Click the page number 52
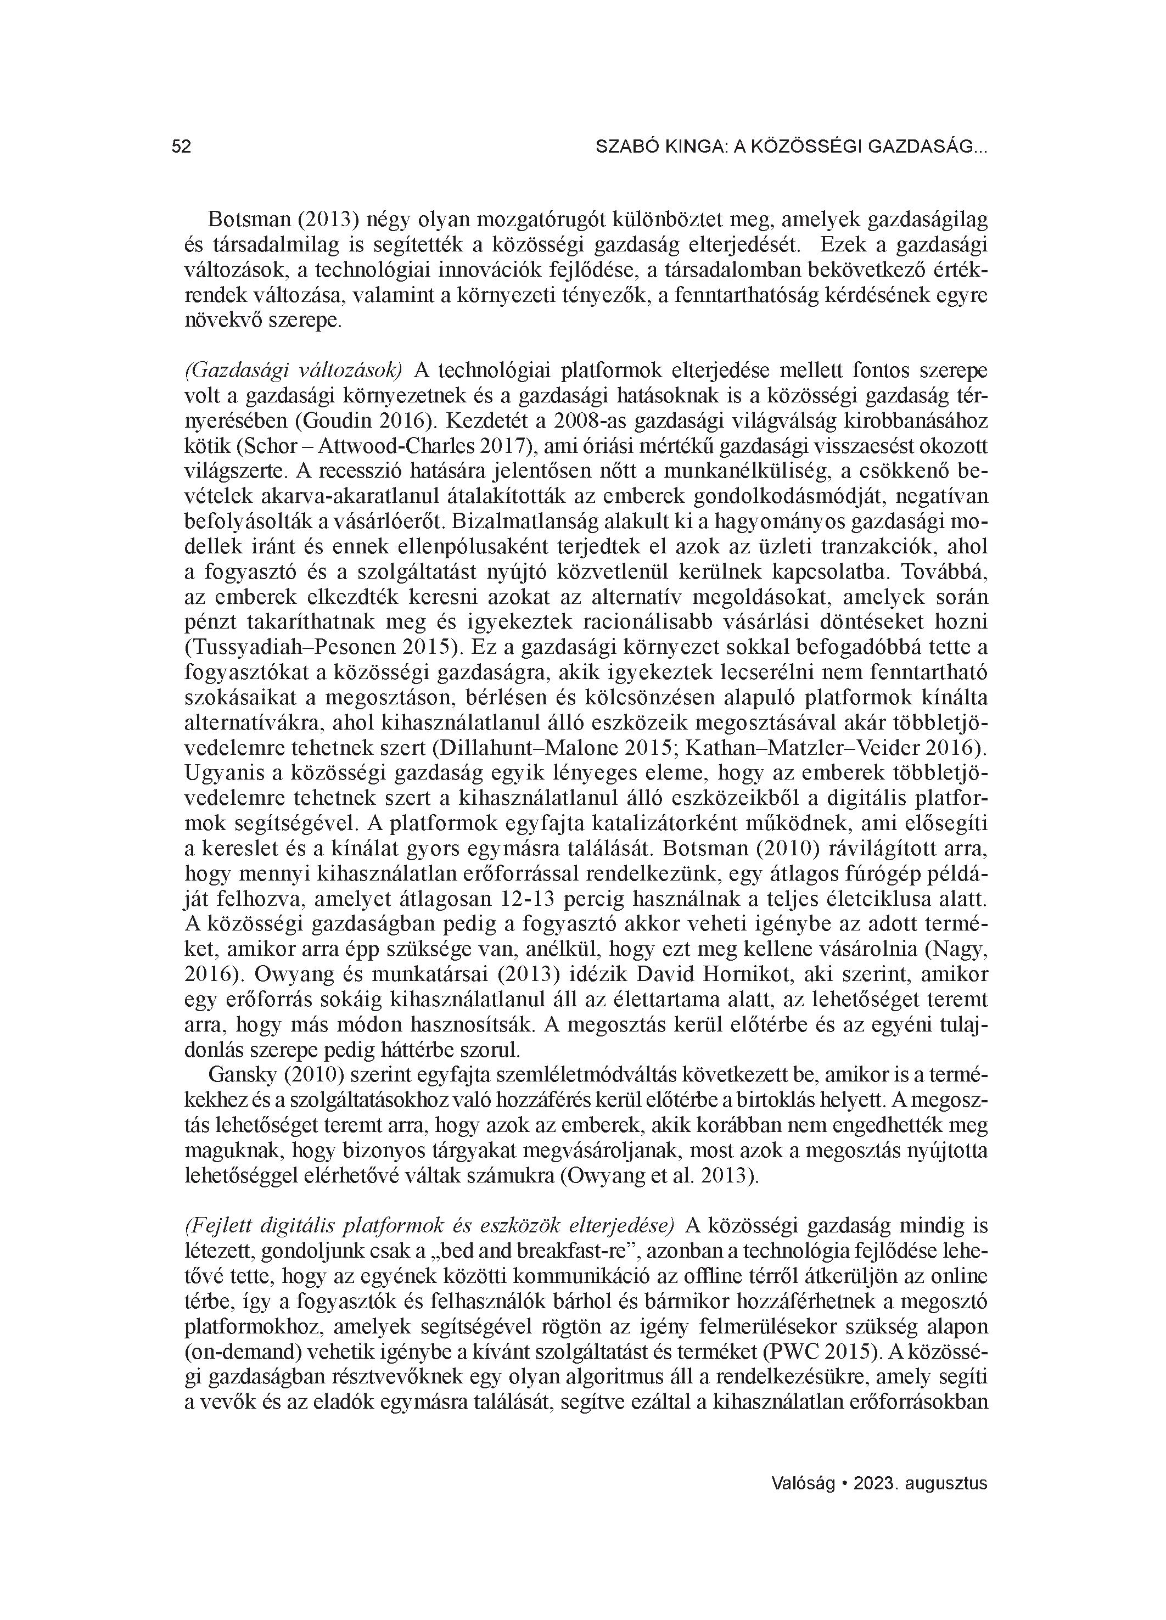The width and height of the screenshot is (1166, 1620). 182,147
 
